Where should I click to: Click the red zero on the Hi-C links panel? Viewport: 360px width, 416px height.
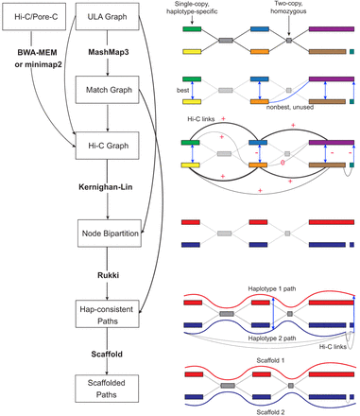(x=270, y=164)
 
